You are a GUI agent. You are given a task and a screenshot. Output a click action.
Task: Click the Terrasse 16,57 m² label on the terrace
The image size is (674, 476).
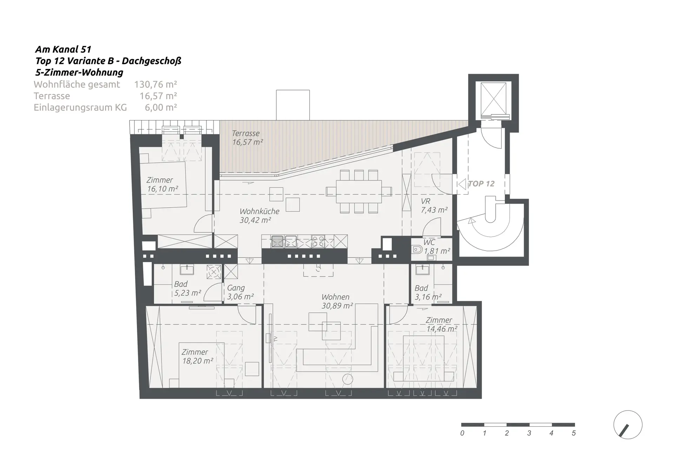coord(247,138)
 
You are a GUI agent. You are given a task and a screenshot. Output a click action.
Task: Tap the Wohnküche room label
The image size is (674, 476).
coord(259,211)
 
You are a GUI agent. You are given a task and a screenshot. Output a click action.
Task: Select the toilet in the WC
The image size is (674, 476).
coord(416,250)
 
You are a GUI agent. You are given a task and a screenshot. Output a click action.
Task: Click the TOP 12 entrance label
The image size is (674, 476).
coord(481,184)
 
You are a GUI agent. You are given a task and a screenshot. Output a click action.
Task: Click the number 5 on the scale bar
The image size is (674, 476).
coord(574,433)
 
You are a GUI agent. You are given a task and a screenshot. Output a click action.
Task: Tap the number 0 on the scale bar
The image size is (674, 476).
coord(462,433)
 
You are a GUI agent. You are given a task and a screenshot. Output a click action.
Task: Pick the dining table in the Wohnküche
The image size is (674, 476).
coord(359,191)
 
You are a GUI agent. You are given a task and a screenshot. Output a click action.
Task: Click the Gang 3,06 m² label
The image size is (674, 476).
coord(240,292)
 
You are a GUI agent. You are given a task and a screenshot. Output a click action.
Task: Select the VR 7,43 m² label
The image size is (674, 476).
coord(434,206)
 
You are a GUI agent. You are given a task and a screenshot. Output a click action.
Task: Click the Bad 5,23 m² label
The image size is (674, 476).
coord(187,288)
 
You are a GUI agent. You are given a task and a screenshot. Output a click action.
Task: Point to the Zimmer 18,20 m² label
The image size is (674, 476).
coord(197,356)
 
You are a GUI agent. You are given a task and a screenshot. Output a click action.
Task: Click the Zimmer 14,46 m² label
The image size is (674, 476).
coord(442,325)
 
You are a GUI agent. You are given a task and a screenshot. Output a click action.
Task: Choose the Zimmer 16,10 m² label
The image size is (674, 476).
coord(162,184)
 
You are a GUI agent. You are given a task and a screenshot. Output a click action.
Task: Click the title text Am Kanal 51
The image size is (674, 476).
coord(63,49)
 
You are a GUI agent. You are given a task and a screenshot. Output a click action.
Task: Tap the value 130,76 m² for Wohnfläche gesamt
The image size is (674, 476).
coord(156,84)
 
